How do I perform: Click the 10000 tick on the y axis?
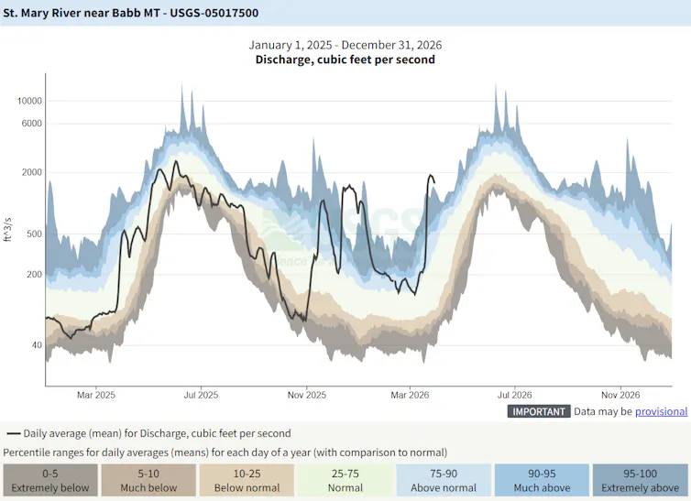pos(28,101)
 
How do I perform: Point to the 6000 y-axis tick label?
pos(31,124)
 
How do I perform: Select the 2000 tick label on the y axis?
pos(31,172)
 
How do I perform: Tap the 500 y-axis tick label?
pos(34,234)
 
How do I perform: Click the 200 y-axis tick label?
pos(34,275)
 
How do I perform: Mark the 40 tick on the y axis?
pos(37,345)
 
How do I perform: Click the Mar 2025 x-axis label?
pos(97,396)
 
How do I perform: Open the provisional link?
pos(661,412)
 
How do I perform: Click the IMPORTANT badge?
pos(539,412)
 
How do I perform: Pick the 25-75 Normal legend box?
pos(345,480)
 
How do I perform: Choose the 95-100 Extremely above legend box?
pos(638,480)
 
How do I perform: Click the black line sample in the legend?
pos(13,434)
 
